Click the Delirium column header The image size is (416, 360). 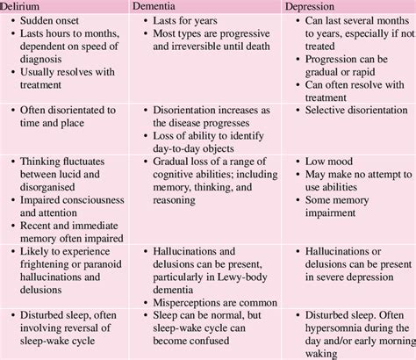coord(22,6)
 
